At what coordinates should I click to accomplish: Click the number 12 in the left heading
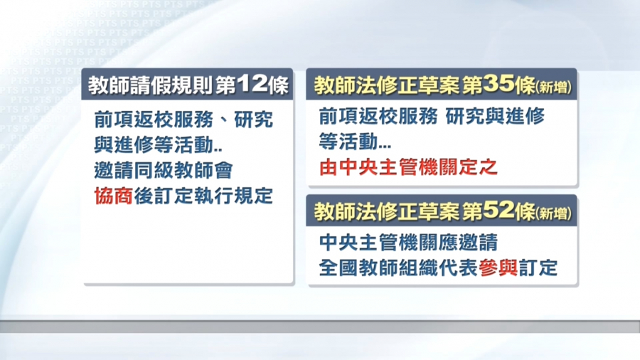tap(252, 85)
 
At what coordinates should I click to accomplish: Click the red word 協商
tap(114, 196)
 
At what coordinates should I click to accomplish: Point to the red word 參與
tap(498, 268)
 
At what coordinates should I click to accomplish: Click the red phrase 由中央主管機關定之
tap(408, 167)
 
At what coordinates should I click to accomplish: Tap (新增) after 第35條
tap(553, 87)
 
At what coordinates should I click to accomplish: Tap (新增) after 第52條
tap(553, 213)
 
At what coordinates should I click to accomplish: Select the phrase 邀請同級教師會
tap(164, 170)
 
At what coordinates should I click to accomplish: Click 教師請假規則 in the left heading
tap(150, 85)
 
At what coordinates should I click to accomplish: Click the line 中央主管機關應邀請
tap(408, 243)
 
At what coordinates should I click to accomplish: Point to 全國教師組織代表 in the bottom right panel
tap(398, 268)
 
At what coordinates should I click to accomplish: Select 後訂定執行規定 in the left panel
tap(203, 196)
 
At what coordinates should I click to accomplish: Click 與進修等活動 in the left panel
tap(154, 145)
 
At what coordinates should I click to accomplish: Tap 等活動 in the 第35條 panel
tap(348, 142)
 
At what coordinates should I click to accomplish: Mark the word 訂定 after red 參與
tap(538, 268)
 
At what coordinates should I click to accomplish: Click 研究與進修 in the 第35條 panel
tap(495, 117)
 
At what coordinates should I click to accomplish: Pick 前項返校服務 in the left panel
tap(154, 120)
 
